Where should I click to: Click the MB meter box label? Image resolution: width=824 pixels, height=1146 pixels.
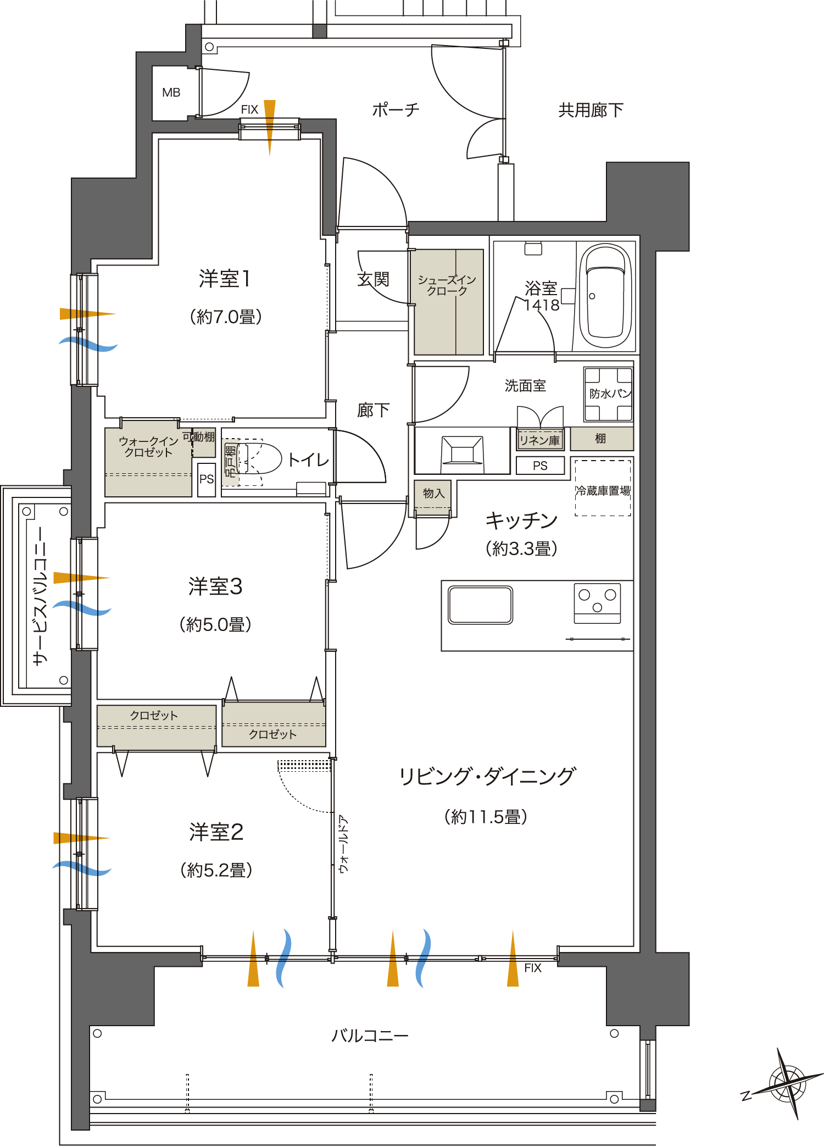pyautogui.click(x=171, y=92)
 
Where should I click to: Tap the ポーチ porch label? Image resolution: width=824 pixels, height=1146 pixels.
pyautogui.click(x=396, y=110)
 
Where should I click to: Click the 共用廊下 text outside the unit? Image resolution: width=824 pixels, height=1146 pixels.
pyautogui.click(x=591, y=110)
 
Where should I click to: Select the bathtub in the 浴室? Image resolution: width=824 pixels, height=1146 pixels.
pyautogui.click(x=605, y=297)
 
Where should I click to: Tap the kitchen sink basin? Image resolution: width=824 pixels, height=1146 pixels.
pyautogui.click(x=480, y=605)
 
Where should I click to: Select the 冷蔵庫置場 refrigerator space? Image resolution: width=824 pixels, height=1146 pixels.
pyautogui.click(x=603, y=490)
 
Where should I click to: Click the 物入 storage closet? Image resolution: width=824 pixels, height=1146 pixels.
pyautogui.click(x=433, y=494)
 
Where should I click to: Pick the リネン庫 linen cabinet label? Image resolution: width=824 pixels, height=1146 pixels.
pyautogui.click(x=540, y=440)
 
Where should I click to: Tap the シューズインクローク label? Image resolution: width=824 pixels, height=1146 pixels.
pyautogui.click(x=447, y=285)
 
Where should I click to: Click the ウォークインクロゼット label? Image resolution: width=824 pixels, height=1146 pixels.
pyautogui.click(x=148, y=446)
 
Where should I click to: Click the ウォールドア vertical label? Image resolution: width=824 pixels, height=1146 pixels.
pyautogui.click(x=344, y=844)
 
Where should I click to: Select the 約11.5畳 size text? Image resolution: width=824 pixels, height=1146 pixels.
pyautogui.click(x=486, y=817)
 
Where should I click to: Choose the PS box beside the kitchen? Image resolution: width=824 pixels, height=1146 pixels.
pyautogui.click(x=540, y=466)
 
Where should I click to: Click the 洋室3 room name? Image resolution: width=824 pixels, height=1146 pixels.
pyautogui.click(x=215, y=586)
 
